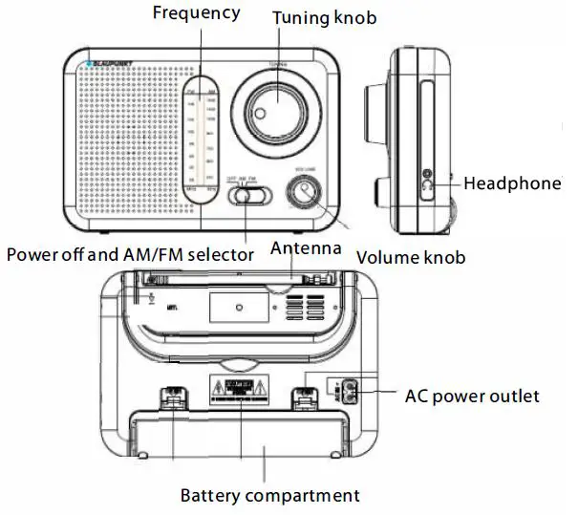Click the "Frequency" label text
pos(196,13)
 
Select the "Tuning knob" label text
pos(324,17)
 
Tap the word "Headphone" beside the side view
pos(512,183)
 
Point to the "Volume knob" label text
pos(411,257)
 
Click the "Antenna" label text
pos(306,248)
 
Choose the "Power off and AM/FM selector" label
pos(130,254)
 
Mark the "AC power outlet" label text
pos(472,396)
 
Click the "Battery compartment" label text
pos(270,495)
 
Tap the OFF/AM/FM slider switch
pos(249,195)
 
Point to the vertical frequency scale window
pos(203,135)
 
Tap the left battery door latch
pos(172,399)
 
